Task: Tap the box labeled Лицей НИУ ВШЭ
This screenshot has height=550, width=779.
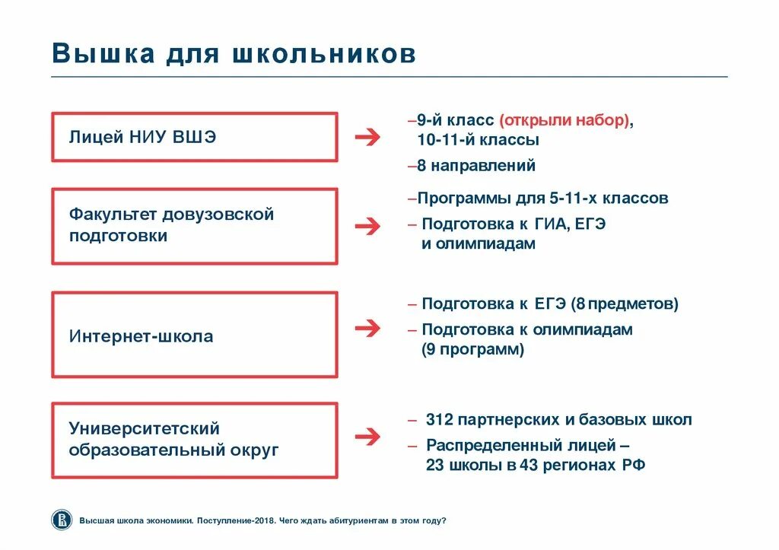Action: point(194,137)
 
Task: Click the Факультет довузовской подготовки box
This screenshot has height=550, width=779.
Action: point(194,226)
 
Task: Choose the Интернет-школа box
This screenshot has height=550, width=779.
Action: point(194,335)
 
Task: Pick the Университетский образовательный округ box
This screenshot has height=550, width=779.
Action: point(194,440)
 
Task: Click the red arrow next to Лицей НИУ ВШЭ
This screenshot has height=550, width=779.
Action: point(367,137)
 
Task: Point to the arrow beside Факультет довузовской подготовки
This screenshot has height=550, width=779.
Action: point(367,226)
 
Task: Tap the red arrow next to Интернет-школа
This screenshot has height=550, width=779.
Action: point(367,328)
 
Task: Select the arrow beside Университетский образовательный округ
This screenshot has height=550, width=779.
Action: point(367,437)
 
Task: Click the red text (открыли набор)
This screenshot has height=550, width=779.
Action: point(564,121)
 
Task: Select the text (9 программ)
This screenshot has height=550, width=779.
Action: point(473,350)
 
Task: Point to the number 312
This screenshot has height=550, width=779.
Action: point(440,420)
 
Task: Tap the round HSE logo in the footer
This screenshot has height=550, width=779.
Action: point(61,520)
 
